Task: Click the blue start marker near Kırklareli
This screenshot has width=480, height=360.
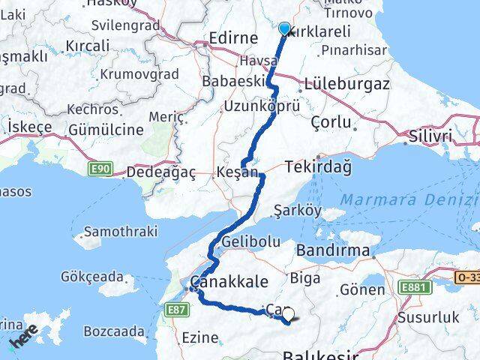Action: click(284, 28)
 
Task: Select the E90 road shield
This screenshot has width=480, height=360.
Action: click(102, 169)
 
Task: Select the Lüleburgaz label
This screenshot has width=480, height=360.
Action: click(346, 84)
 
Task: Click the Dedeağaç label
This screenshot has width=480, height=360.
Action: click(160, 172)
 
